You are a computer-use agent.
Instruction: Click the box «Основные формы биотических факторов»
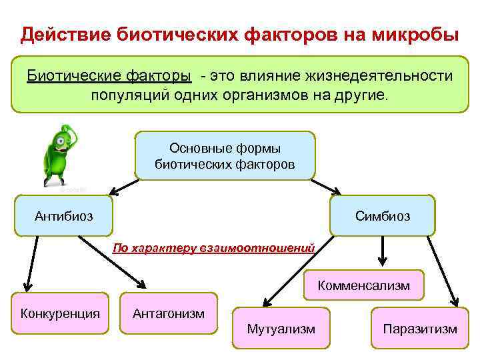pyautogui.click(x=225, y=155)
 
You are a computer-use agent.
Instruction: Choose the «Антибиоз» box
pyautogui.click(x=64, y=216)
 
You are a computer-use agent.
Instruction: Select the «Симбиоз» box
pyautogui.click(x=382, y=216)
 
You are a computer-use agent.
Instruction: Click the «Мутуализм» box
pyautogui.click(x=281, y=328)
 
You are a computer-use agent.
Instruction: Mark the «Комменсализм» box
pyautogui.click(x=363, y=286)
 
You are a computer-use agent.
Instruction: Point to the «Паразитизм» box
pyautogui.click(x=420, y=328)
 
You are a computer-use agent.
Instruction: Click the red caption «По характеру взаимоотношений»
pyautogui.click(x=213, y=249)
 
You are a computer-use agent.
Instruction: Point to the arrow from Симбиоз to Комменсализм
pyautogui.click(x=383, y=253)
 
